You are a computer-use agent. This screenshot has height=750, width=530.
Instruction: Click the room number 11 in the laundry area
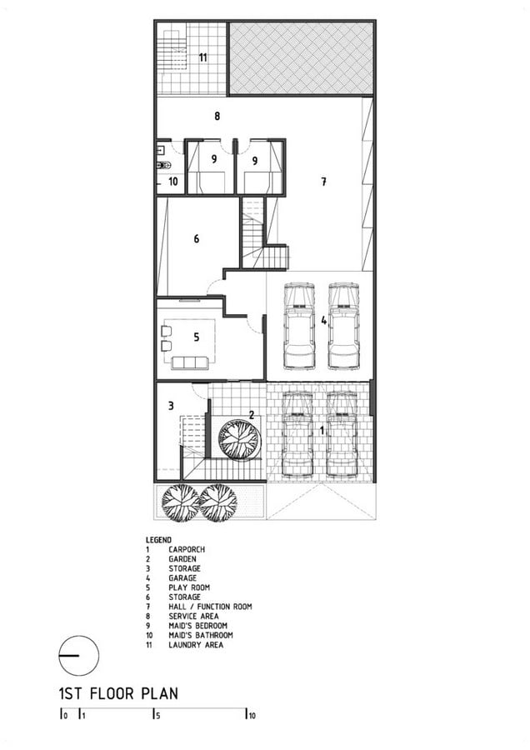coord(203,57)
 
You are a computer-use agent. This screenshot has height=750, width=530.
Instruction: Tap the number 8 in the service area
coord(217,116)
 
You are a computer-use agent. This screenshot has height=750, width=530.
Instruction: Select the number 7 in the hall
coord(324,182)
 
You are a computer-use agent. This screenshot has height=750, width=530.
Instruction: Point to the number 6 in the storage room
coord(196,238)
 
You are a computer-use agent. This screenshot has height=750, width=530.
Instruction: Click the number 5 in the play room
coord(196,337)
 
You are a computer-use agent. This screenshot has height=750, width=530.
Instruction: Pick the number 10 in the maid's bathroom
coord(173,182)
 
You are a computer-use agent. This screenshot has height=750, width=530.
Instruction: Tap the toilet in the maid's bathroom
coord(163,165)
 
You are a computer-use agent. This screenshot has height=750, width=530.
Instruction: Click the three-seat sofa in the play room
coord(189,362)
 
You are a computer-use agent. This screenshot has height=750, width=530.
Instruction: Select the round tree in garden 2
coord(240,438)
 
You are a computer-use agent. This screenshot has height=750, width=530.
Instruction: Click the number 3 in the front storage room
coord(171,406)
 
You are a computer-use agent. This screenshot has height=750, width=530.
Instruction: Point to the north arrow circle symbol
coord(79,655)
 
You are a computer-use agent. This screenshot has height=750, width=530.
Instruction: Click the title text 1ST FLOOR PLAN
coord(118,693)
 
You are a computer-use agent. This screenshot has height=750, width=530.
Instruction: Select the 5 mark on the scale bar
coord(157,716)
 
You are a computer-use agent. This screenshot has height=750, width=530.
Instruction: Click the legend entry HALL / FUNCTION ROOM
coord(210,607)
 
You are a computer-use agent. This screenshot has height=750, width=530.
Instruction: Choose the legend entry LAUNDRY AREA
coord(196,645)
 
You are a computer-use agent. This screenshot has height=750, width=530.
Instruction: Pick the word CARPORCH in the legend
coord(187,549)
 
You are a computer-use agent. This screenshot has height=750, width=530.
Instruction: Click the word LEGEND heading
coord(158,540)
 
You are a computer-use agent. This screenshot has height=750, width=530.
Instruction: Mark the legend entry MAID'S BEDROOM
coord(197,626)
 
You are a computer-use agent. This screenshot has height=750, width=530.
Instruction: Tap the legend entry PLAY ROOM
coord(189,587)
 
